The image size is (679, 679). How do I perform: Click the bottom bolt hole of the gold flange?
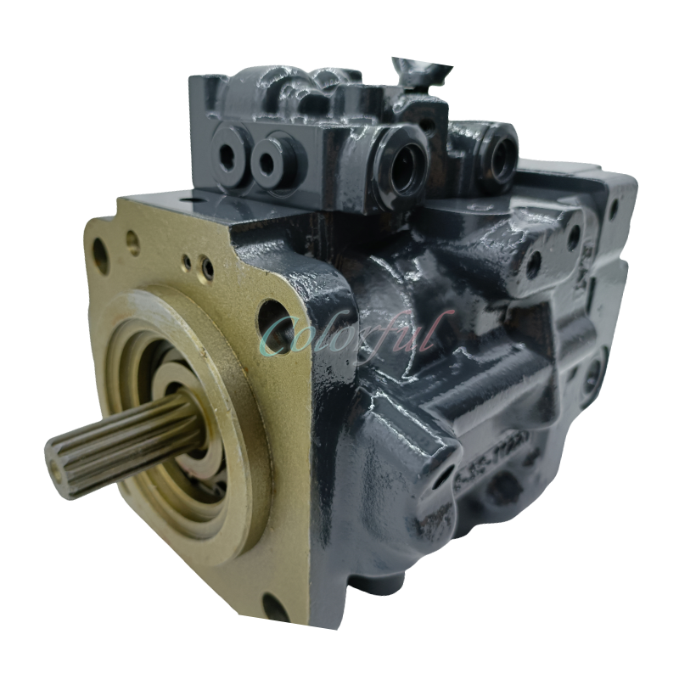point(274,606)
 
